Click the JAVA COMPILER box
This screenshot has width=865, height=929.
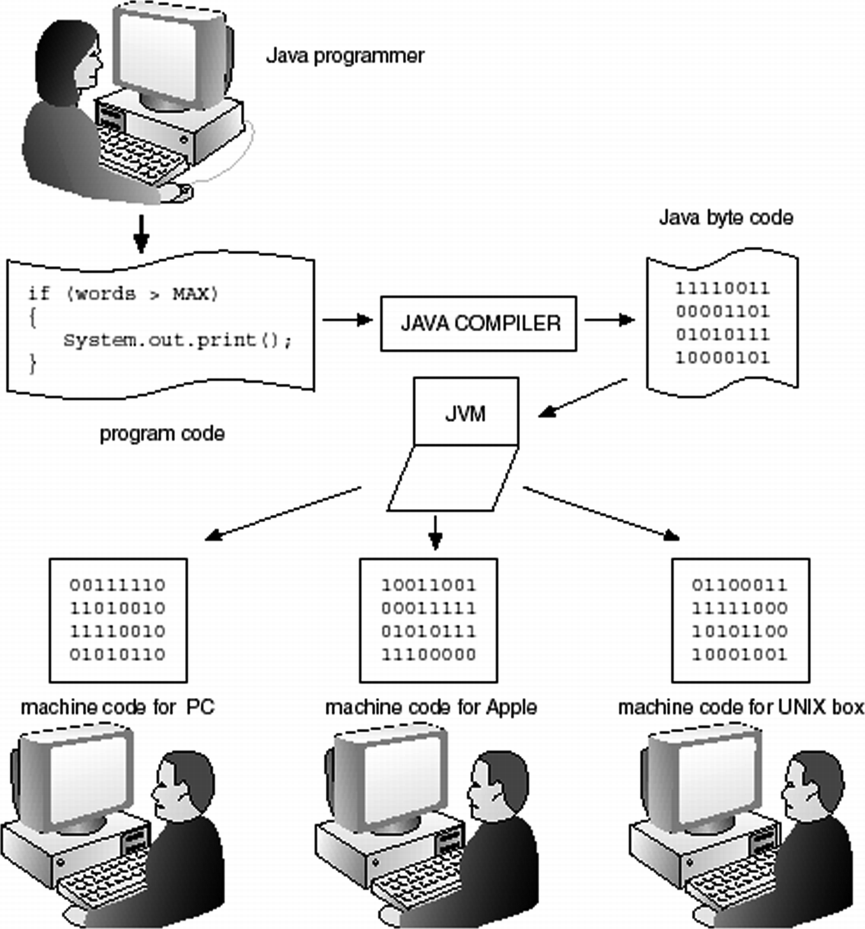(478, 323)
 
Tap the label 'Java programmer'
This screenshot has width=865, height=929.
(344, 56)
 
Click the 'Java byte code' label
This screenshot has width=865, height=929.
(725, 218)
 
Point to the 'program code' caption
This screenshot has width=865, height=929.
(162, 434)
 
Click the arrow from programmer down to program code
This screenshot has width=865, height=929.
(141, 234)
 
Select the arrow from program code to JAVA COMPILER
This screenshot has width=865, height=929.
(347, 320)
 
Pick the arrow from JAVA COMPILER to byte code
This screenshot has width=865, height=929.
(609, 320)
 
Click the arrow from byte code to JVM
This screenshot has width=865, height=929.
(582, 398)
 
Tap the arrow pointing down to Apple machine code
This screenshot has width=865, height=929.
(435, 533)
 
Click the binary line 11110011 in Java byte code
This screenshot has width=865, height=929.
(722, 288)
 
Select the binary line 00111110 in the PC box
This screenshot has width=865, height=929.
(117, 585)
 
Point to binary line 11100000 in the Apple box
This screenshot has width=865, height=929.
(428, 654)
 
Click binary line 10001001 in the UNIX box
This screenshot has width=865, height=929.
(739, 654)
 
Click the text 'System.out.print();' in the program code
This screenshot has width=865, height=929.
(177, 340)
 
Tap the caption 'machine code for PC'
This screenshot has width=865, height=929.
(117, 707)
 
